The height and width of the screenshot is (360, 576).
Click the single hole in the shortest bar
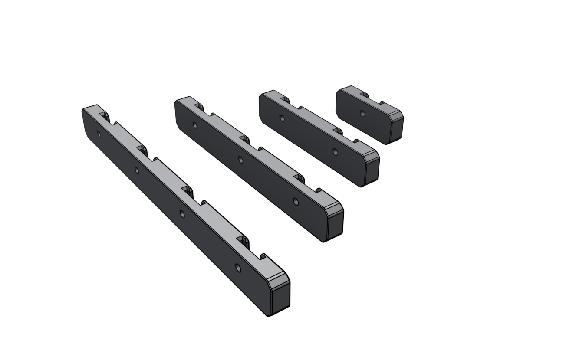tap(362, 114)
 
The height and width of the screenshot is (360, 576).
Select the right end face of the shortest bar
tap(396, 129)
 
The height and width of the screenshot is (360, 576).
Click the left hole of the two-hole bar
tap(282, 118)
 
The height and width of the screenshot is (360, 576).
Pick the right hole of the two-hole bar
tap(335, 152)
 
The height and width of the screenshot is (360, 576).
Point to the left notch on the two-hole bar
tap(291, 103)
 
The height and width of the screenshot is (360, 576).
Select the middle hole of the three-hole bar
tap(240, 160)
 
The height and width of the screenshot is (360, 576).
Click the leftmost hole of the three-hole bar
tap(194, 125)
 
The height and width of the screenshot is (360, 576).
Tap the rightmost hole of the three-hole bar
tap(296, 202)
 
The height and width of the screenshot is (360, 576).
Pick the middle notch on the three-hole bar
tap(252, 144)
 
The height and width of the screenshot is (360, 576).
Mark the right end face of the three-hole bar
tap(335, 226)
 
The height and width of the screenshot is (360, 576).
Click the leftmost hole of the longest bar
tap(99, 134)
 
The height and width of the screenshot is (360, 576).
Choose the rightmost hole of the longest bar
tap(238, 268)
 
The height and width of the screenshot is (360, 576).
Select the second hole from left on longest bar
tap(137, 170)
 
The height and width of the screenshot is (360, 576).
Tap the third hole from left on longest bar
tap(182, 214)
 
